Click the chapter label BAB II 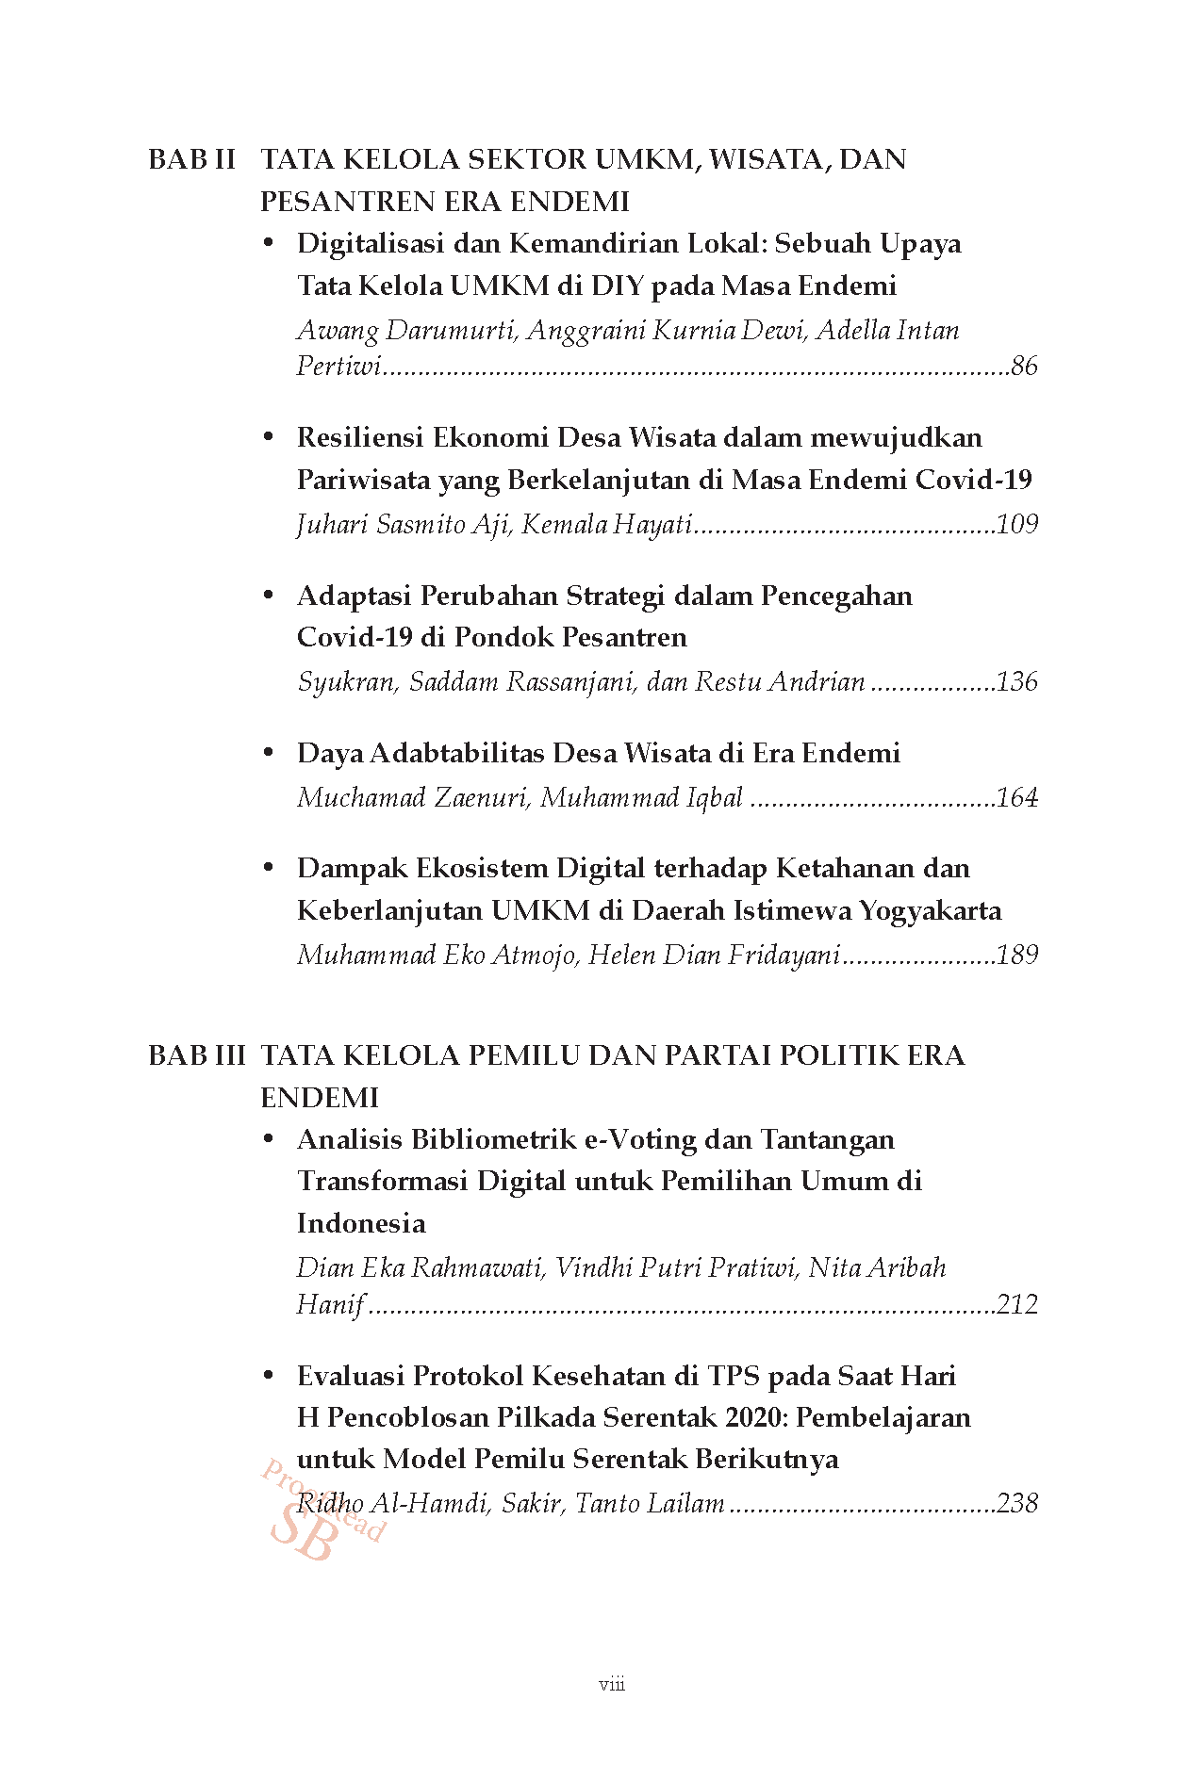pos(191,159)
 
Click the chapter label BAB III pos(196,1055)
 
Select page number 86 pos(1023,366)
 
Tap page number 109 pos(1016,524)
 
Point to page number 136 pos(1016,681)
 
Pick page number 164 pos(1016,798)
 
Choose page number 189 pos(1016,956)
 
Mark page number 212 pos(1016,1304)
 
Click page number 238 pos(1016,1503)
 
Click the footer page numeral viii pos(612,1684)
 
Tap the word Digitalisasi pos(371,244)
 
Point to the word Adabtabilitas pos(456,754)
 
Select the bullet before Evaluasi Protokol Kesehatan pos(269,1376)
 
